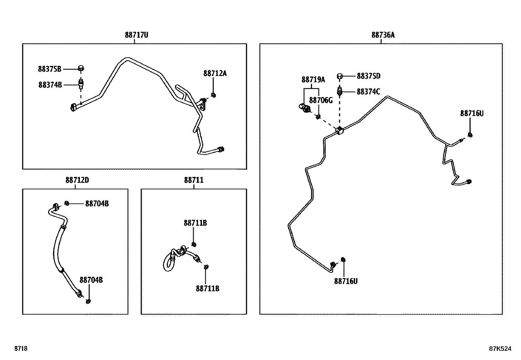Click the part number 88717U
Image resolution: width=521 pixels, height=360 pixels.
[x=136, y=35]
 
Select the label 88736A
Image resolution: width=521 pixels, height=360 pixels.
[x=383, y=35]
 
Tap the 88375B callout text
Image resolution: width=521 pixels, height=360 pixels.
[x=50, y=69]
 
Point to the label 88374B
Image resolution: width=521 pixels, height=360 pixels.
[x=50, y=85]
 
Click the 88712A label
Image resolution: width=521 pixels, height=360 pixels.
[x=215, y=73]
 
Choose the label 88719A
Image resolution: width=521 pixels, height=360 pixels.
[x=313, y=80]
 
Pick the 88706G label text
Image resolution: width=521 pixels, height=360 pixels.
[x=321, y=100]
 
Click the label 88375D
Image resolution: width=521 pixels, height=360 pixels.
[x=368, y=76]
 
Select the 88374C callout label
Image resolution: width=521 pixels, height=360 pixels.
[x=368, y=92]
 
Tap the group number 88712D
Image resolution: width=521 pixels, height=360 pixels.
[x=77, y=180]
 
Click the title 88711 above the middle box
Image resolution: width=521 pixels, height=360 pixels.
[x=194, y=180]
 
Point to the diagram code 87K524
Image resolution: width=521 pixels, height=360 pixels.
[x=500, y=349]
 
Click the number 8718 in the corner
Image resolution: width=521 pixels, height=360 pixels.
[x=21, y=348]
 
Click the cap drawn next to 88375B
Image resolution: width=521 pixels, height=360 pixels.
[x=81, y=68]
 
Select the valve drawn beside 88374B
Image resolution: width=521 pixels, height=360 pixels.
[x=81, y=84]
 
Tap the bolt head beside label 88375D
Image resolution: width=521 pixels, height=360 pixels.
[x=340, y=76]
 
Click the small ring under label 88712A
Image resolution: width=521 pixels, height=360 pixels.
[x=213, y=95]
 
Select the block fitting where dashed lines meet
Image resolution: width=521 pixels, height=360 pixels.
[x=340, y=131]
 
